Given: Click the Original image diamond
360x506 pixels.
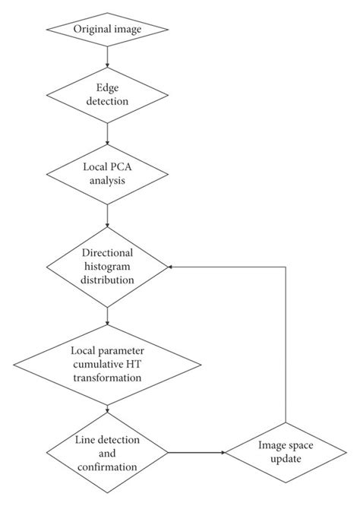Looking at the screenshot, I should click(107, 29).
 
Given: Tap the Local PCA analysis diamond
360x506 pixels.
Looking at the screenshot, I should click(107, 176).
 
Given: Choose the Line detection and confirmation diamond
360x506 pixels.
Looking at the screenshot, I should click(107, 452).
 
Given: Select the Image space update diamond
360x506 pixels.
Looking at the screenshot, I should click(284, 452).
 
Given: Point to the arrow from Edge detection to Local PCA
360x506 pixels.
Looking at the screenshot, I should click(107, 134).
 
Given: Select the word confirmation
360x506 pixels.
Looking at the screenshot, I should click(107, 466).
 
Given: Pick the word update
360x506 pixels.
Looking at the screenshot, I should click(285, 459).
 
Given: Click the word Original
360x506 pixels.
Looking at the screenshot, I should click(91, 29).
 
